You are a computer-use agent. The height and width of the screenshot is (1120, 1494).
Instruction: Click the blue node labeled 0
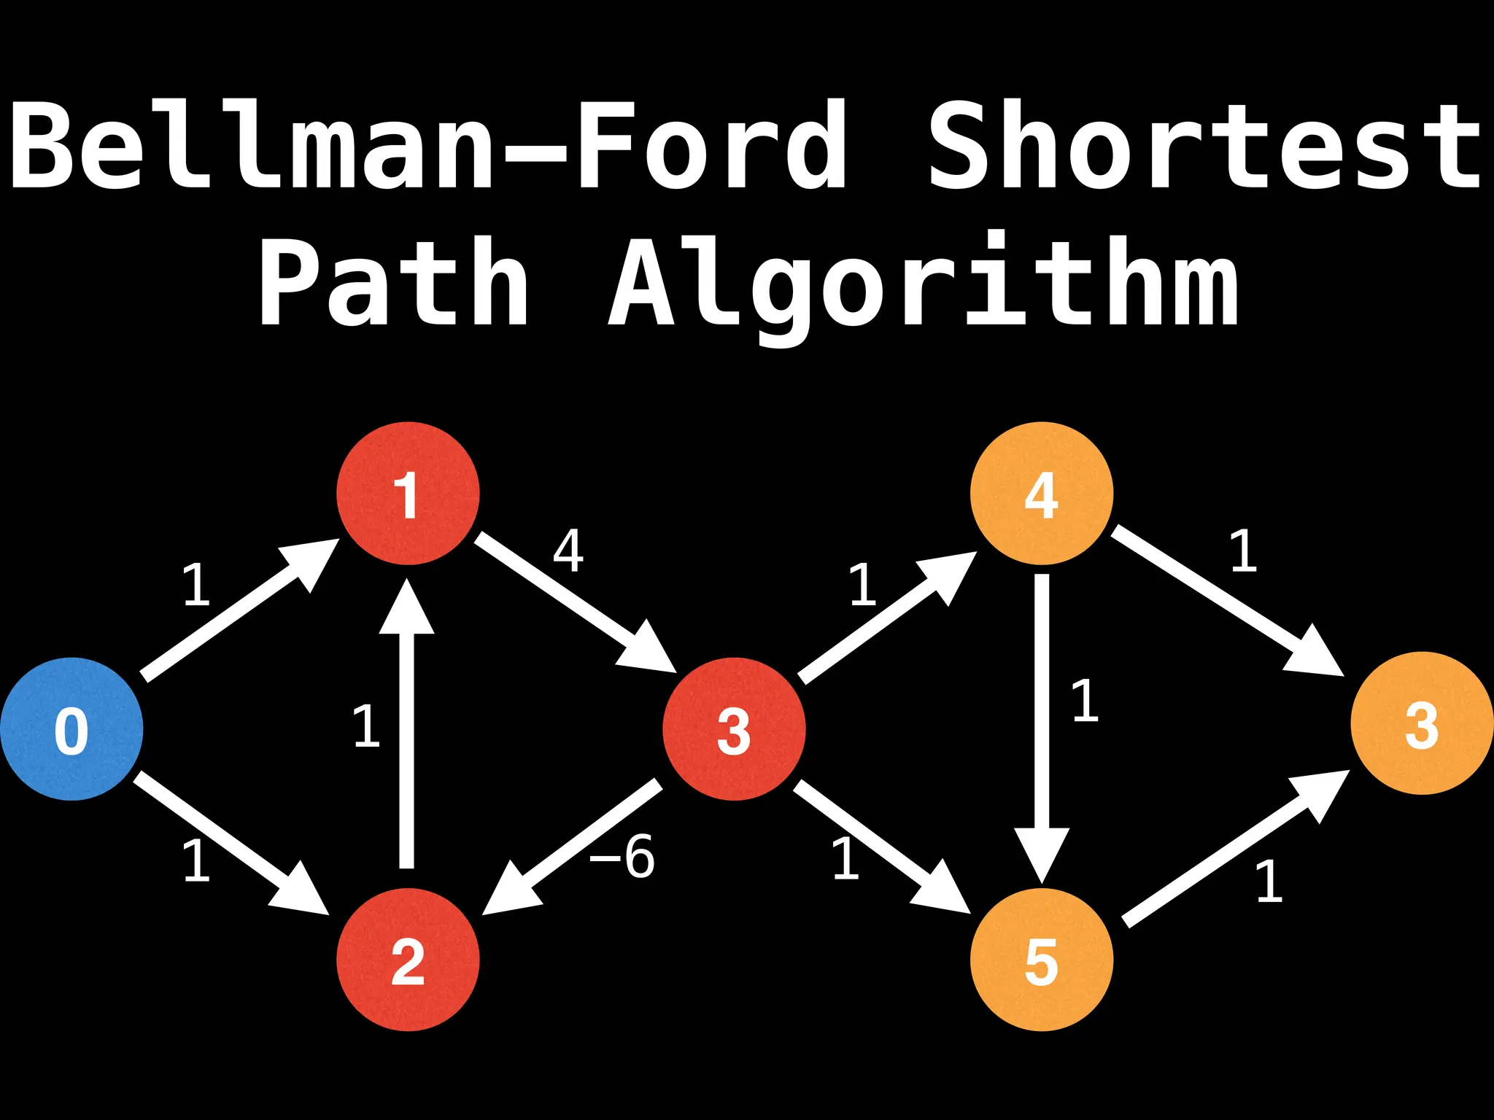(x=71, y=729)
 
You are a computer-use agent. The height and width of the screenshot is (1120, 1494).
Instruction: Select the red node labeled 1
(x=408, y=494)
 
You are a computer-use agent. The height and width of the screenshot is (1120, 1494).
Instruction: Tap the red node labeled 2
(x=408, y=960)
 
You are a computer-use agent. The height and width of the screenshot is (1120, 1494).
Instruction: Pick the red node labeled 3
(x=734, y=729)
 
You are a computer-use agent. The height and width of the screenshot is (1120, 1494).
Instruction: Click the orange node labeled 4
(x=1042, y=494)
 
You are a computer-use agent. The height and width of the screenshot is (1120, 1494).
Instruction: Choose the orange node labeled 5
(x=1042, y=960)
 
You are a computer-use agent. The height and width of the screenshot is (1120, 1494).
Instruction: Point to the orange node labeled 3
(x=1422, y=723)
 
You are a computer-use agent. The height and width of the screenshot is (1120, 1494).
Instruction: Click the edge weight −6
(x=622, y=857)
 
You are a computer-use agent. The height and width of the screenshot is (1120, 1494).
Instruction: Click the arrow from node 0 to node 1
(x=233, y=612)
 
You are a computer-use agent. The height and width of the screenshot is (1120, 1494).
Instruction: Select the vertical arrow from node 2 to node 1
(x=407, y=729)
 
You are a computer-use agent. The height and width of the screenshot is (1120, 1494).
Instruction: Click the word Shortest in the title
(x=1204, y=146)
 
